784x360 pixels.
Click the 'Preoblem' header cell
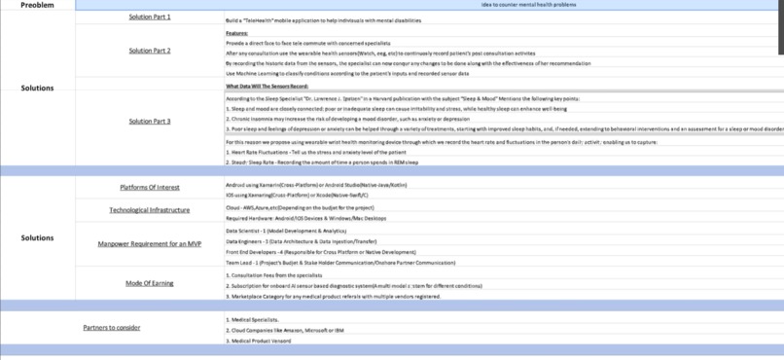point(37,5)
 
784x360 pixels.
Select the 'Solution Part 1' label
point(150,18)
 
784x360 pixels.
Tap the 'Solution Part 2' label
point(150,51)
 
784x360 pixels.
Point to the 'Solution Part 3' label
point(150,122)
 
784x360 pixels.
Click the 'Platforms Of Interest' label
point(150,188)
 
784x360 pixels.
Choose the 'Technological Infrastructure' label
point(150,210)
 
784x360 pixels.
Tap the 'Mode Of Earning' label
point(150,283)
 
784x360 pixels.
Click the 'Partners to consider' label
point(112,328)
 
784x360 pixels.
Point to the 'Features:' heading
point(236,33)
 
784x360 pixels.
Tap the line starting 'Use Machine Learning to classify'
point(347,73)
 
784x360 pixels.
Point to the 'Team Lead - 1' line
point(340,263)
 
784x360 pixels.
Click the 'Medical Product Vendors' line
point(259,342)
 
